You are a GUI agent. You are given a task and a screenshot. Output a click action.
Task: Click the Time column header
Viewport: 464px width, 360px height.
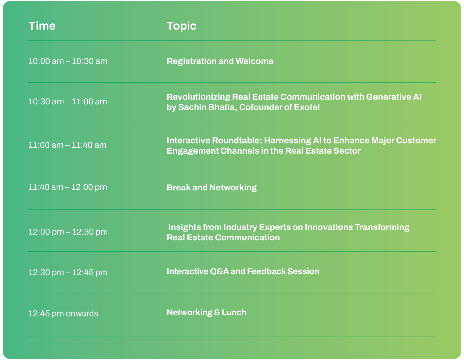pyautogui.click(x=42, y=26)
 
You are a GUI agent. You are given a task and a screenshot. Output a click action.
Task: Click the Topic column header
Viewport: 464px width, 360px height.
pyautogui.click(x=182, y=26)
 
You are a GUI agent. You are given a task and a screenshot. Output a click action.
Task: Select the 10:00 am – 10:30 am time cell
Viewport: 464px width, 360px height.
pyautogui.click(x=68, y=61)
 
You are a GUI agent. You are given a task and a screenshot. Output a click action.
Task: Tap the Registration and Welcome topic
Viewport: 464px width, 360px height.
pyautogui.click(x=220, y=61)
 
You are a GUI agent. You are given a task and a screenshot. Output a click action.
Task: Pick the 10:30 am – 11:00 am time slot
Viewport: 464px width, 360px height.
pyautogui.click(x=68, y=101)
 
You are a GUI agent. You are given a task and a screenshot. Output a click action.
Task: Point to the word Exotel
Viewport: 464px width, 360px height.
pyautogui.click(x=307, y=107)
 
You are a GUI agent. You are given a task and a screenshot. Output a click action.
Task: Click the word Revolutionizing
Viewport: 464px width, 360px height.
pyautogui.click(x=198, y=97)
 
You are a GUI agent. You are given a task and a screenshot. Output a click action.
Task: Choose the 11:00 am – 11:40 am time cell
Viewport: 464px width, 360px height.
pyautogui.click(x=68, y=145)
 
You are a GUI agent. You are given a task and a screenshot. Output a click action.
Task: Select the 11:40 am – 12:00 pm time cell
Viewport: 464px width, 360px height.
pyautogui.click(x=68, y=187)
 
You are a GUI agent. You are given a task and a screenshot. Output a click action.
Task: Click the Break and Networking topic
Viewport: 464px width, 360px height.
pyautogui.click(x=212, y=188)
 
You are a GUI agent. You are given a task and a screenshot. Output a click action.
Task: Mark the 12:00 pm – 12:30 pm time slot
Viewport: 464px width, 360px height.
pyautogui.click(x=68, y=232)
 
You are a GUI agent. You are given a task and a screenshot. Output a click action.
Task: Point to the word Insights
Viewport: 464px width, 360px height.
pyautogui.click(x=184, y=228)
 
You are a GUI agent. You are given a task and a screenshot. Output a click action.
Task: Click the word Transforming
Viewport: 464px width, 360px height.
pyautogui.click(x=382, y=228)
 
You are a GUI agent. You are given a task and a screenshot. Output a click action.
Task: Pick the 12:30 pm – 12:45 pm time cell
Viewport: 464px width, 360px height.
pyautogui.click(x=68, y=272)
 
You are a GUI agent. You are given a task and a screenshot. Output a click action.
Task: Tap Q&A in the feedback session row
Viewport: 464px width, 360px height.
pyautogui.click(x=219, y=271)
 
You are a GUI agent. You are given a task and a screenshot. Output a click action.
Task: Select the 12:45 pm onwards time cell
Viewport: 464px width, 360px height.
pyautogui.click(x=63, y=314)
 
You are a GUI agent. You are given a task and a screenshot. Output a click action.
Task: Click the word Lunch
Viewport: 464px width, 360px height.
pyautogui.click(x=234, y=312)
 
